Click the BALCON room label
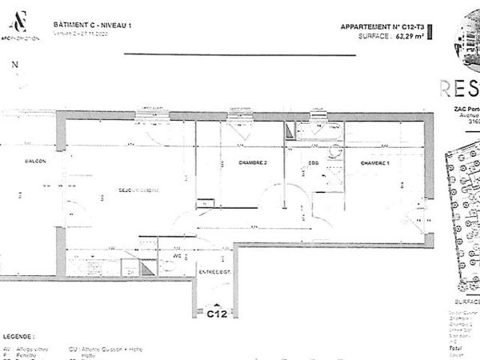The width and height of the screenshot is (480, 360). tap(34, 162)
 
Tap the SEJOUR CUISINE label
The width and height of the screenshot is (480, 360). tap(139, 190)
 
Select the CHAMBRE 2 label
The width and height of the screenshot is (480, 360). tap(252, 162)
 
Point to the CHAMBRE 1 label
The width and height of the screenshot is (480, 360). tap(375, 162)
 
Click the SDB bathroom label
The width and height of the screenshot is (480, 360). tap(314, 162)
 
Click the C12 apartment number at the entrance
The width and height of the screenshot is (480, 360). tap(217, 314)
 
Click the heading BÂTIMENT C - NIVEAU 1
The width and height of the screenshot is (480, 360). tap(92, 26)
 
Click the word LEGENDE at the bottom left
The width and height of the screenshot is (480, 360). tap(20, 337)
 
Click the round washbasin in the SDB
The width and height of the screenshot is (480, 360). tap(334, 150)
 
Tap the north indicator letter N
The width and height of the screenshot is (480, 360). tap(14, 67)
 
